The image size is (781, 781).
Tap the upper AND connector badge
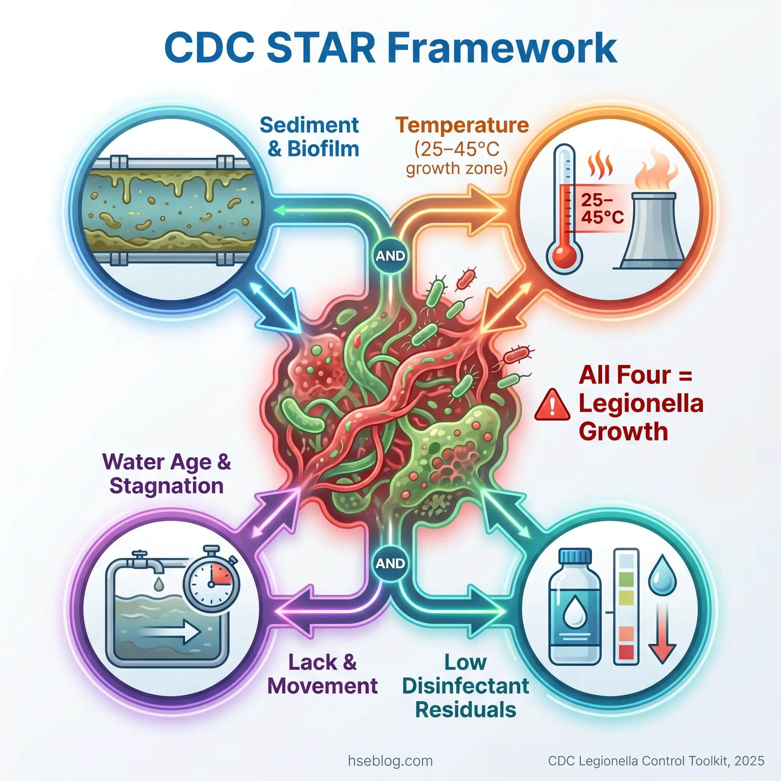pos(390,256)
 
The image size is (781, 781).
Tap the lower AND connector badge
pos(390,563)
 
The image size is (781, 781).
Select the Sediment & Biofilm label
pos(309,137)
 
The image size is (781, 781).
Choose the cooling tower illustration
pos(652,230)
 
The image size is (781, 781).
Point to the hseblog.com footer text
pos(390,761)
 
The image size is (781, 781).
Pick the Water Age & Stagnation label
pos(167,473)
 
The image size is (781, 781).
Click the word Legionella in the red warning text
pos(641,404)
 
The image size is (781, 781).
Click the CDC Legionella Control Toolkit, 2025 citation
pos(656,761)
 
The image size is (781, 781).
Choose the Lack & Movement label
pos(322,674)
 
